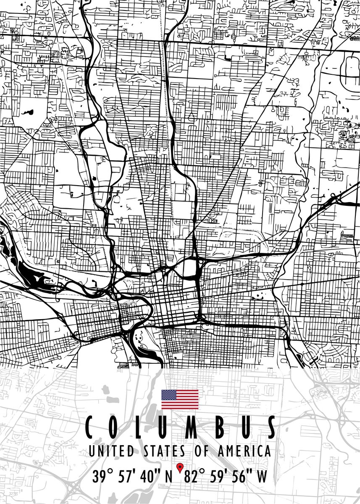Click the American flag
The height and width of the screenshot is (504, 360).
pyautogui.click(x=180, y=399)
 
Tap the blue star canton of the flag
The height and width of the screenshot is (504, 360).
pyautogui.click(x=169, y=395)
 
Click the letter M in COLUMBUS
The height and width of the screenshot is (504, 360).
pyautogui.click(x=193, y=428)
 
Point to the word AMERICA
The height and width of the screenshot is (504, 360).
pyautogui.click(x=244, y=451)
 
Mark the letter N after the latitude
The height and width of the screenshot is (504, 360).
pyautogui.click(x=168, y=477)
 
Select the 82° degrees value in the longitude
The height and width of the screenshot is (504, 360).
pyautogui.click(x=194, y=477)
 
